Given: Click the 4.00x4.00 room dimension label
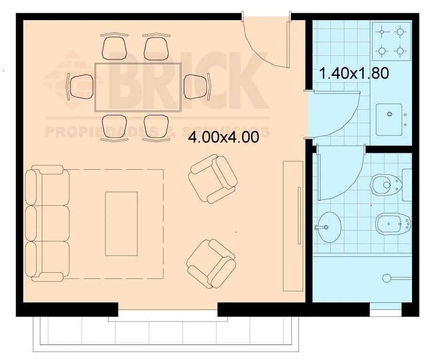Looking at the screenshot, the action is [224, 137].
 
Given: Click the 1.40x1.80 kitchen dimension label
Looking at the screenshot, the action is [354, 74].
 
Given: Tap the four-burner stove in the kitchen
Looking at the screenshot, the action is [391, 41].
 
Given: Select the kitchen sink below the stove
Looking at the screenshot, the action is [389, 119].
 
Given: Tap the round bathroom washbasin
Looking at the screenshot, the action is [329, 227].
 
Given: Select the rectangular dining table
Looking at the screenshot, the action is [138, 87].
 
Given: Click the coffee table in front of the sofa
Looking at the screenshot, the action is [121, 224].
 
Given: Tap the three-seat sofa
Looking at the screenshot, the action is [47, 224].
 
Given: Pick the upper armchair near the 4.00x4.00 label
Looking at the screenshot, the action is [213, 179].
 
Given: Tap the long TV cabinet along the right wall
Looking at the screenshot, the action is [293, 226].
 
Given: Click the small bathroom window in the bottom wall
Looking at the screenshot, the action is [386, 309].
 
